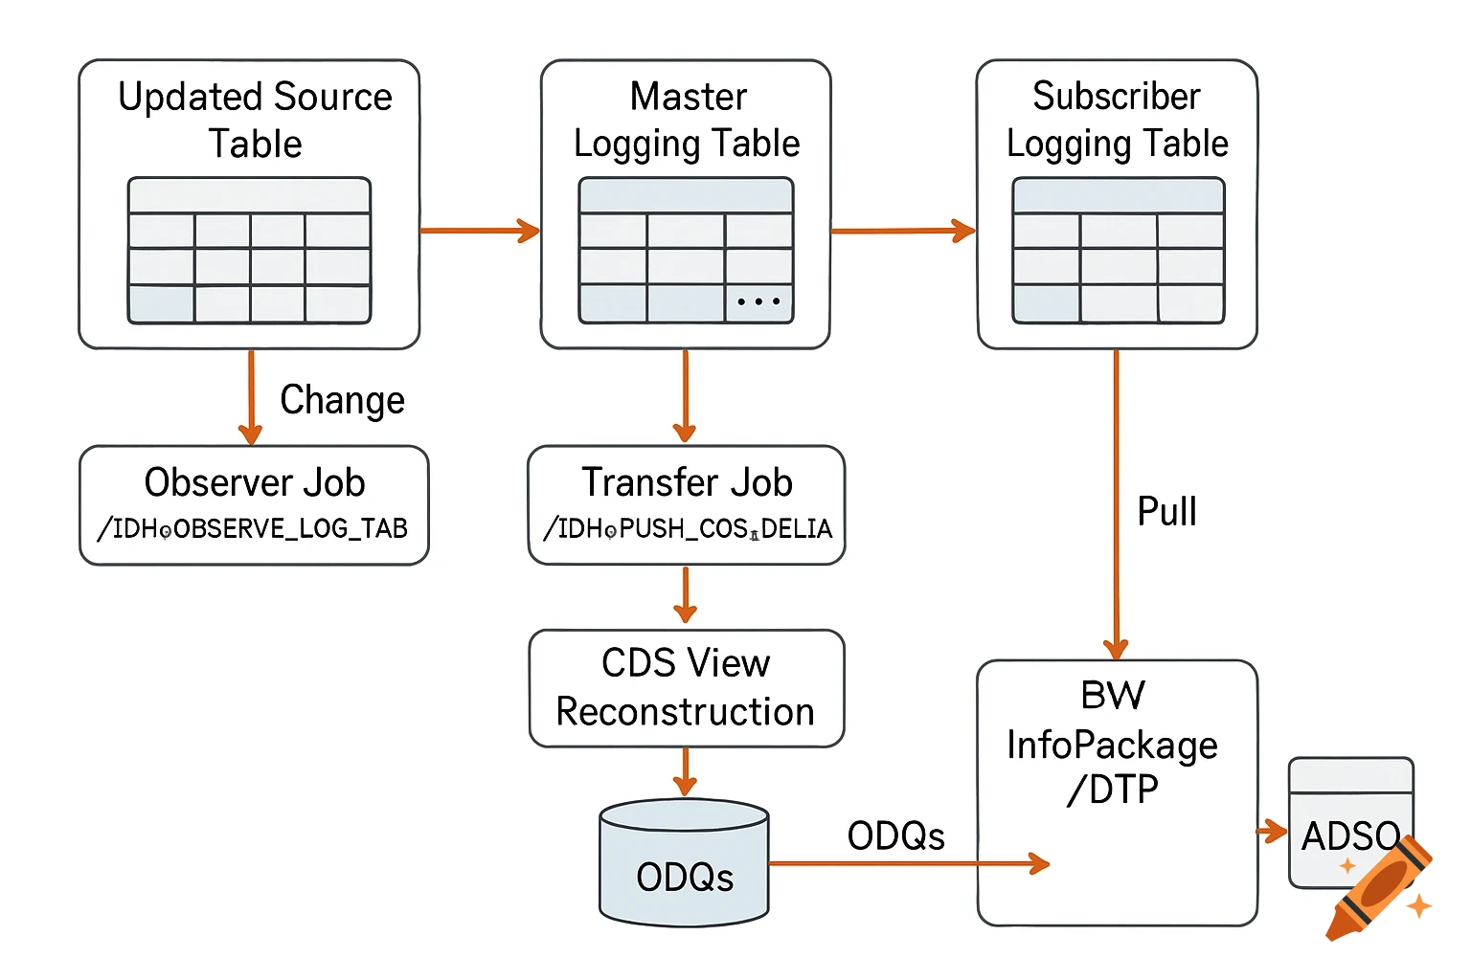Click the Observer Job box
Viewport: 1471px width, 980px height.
pyautogui.click(x=254, y=504)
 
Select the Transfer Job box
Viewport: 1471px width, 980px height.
pyautogui.click(x=686, y=504)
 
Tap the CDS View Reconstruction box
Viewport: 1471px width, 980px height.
pyautogui.click(x=686, y=687)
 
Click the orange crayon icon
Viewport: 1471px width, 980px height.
pyautogui.click(x=1379, y=888)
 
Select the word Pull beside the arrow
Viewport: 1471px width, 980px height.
pyautogui.click(x=1166, y=511)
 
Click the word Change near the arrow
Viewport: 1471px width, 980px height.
pyautogui.click(x=342, y=400)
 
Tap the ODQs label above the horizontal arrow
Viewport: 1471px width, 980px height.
pyautogui.click(x=895, y=836)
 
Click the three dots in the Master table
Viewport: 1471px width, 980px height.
pyautogui.click(x=758, y=301)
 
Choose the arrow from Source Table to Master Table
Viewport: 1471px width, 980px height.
pyautogui.click(x=479, y=231)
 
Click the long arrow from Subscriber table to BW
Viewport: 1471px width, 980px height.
pyautogui.click(x=1116, y=498)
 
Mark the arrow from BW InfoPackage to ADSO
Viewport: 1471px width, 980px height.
pyautogui.click(x=1272, y=831)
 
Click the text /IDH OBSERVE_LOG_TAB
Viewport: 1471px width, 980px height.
pyautogui.click(x=253, y=528)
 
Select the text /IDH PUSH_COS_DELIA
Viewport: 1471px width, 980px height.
pyautogui.click(x=688, y=528)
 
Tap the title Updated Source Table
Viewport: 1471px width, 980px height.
pyautogui.click(x=255, y=120)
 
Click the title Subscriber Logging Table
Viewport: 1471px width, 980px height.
pyautogui.click(x=1117, y=120)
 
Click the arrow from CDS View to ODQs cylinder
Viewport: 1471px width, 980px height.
pyautogui.click(x=685, y=771)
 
